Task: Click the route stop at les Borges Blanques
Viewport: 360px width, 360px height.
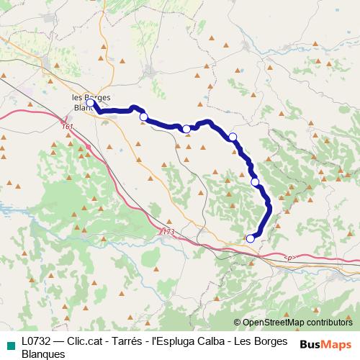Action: coord(90,103)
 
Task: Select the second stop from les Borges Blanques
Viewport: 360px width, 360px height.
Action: coord(143,117)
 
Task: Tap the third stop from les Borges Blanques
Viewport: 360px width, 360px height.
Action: coord(186,129)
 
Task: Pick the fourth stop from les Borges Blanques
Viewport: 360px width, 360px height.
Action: coord(233,137)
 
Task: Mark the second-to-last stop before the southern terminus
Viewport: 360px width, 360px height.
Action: coord(255,182)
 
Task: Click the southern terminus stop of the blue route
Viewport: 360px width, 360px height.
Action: coord(251,238)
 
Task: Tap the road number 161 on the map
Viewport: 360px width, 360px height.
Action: coord(68,127)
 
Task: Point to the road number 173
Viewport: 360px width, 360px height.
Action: coord(168,231)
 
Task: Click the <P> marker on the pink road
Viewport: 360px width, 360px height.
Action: coord(289,257)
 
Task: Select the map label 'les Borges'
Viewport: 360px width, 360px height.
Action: coord(90,96)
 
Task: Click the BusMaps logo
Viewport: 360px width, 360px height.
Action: coord(326,344)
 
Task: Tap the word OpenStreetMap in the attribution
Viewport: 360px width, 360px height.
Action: coord(271,322)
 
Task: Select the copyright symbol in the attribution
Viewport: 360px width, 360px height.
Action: coord(238,322)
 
